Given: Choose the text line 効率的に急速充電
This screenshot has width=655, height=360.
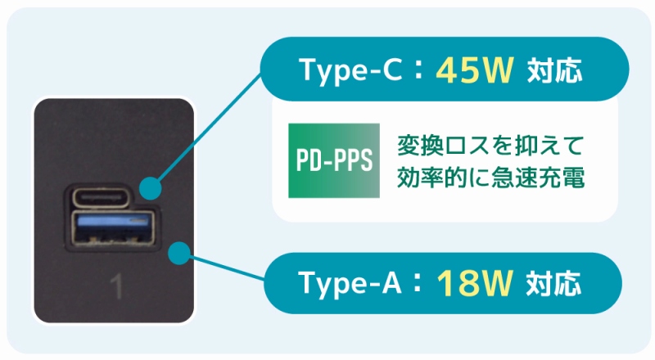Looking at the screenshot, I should coord(490,177).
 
